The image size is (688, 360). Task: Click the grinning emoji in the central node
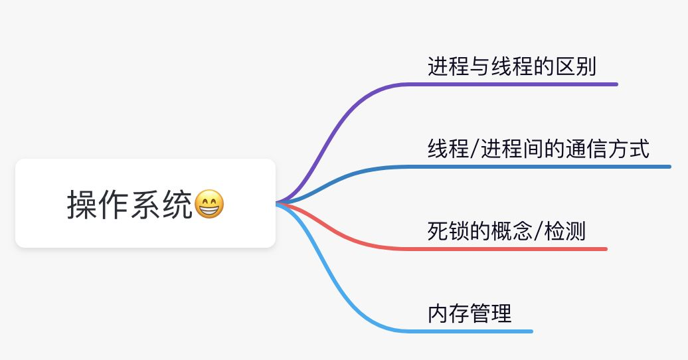coord(209,204)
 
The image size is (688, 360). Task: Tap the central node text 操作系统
coord(130,204)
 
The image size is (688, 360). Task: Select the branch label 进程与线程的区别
coord(511,67)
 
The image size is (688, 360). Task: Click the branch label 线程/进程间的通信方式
coord(538,149)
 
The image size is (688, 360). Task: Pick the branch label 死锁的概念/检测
coord(507,232)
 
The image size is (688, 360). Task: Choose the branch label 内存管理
coord(470,314)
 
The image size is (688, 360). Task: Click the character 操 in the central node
coord(80,204)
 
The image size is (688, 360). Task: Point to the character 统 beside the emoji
coord(179,204)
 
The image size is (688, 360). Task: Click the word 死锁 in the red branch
coord(448,232)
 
